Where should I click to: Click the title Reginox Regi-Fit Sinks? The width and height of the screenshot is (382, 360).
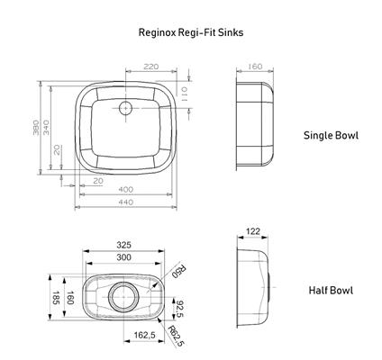point(191,32)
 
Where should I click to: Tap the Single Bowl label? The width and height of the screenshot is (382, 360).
point(331,135)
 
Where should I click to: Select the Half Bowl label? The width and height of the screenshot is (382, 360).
point(331,291)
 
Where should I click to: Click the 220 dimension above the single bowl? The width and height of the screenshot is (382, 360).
point(150,67)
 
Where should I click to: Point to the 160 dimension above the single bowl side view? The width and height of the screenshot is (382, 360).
point(255,67)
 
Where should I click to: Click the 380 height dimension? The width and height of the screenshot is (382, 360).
point(36,128)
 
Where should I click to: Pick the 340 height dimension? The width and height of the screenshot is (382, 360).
point(46,128)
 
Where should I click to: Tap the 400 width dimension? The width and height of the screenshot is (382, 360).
point(125,190)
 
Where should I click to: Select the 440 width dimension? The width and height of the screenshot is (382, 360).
point(125,202)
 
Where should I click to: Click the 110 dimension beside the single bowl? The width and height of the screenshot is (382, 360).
point(184,94)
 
